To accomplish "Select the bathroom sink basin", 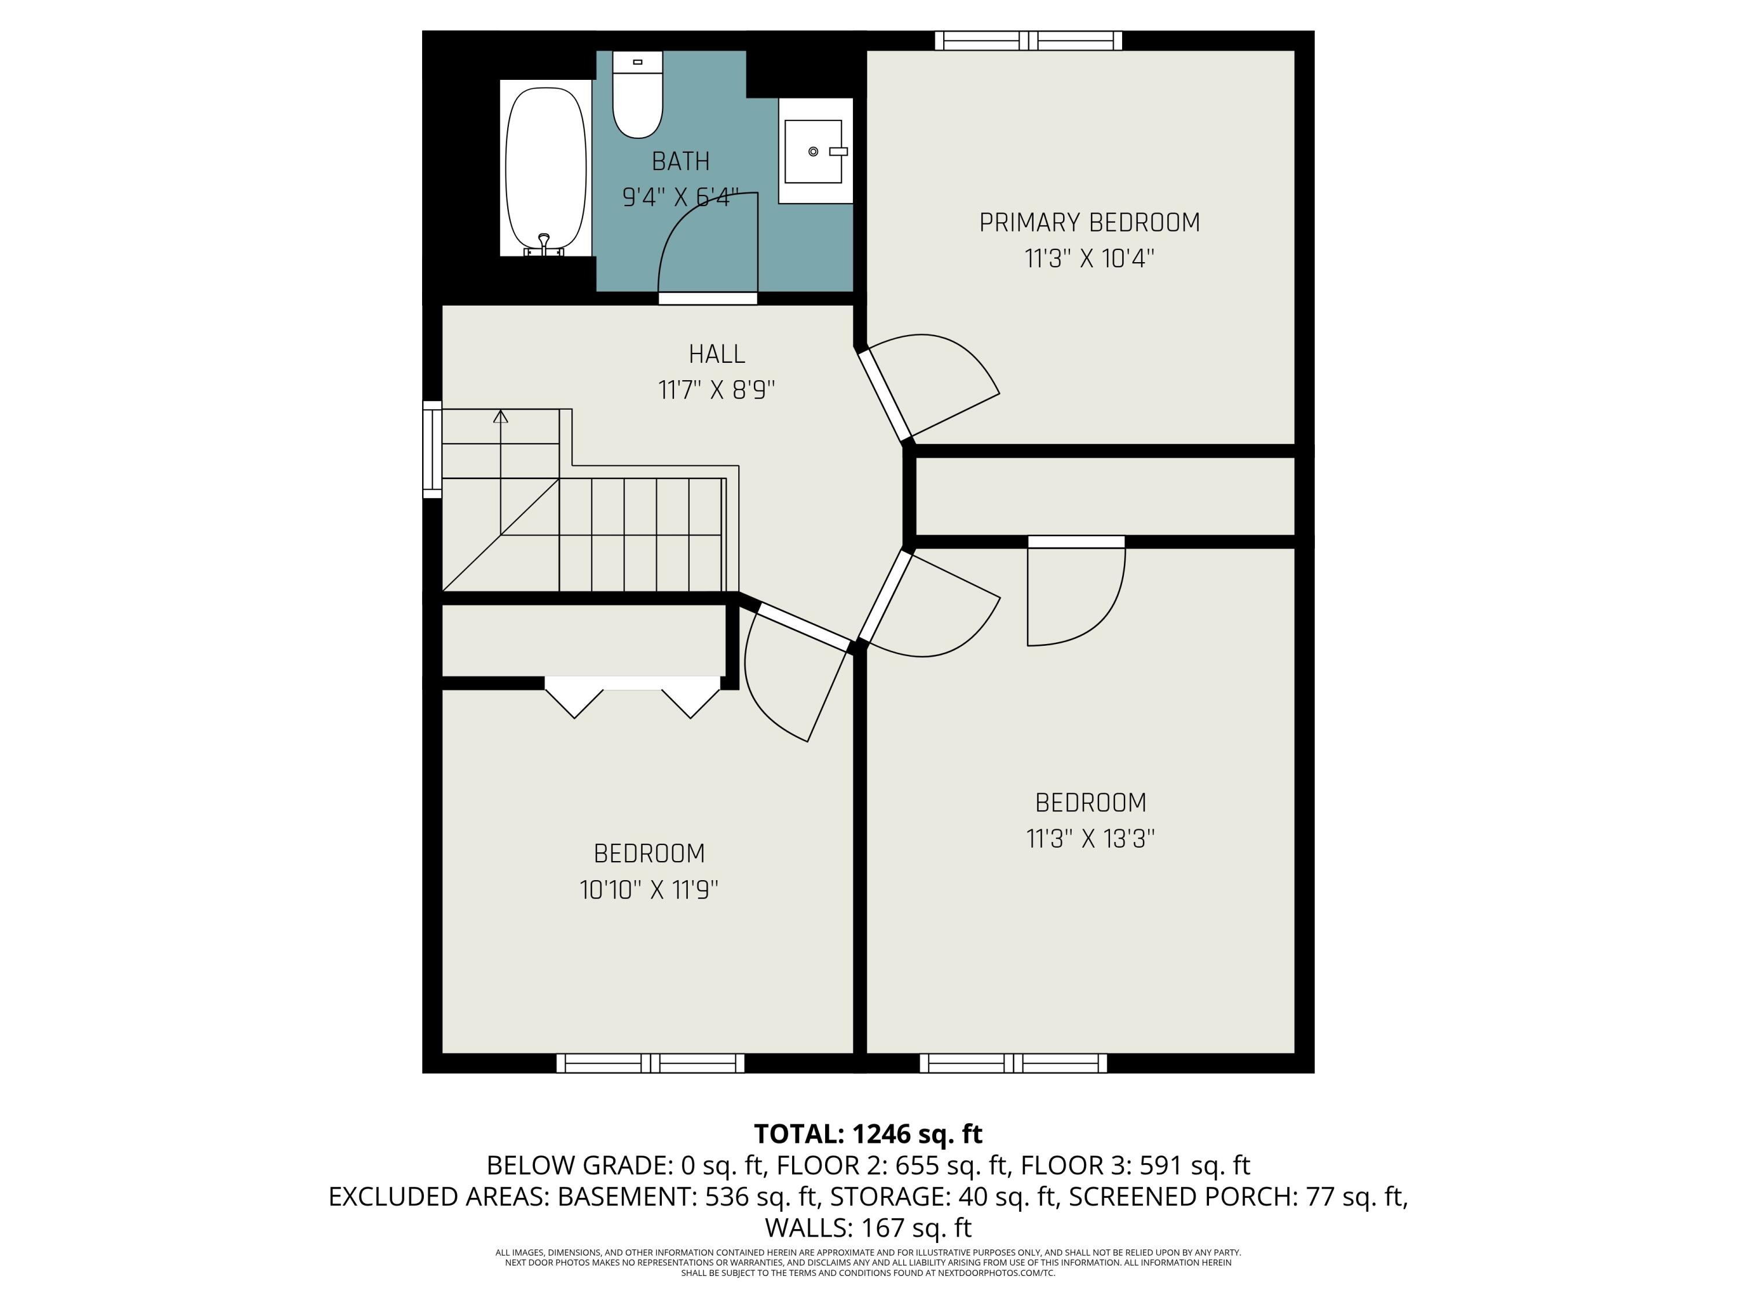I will pyautogui.click(x=813, y=152).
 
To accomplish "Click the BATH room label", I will pyautogui.click(x=680, y=161).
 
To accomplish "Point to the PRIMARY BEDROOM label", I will pyautogui.click(x=1089, y=223).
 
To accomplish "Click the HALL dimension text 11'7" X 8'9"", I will pyautogui.click(x=716, y=390).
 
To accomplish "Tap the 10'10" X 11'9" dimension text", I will pyautogui.click(x=648, y=890).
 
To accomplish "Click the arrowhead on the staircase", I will pyautogui.click(x=500, y=416).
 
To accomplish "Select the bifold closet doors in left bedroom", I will pyautogui.click(x=632, y=697).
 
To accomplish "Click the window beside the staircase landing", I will pyautogui.click(x=432, y=449).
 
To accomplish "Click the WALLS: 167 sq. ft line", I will pyautogui.click(x=868, y=1227).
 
